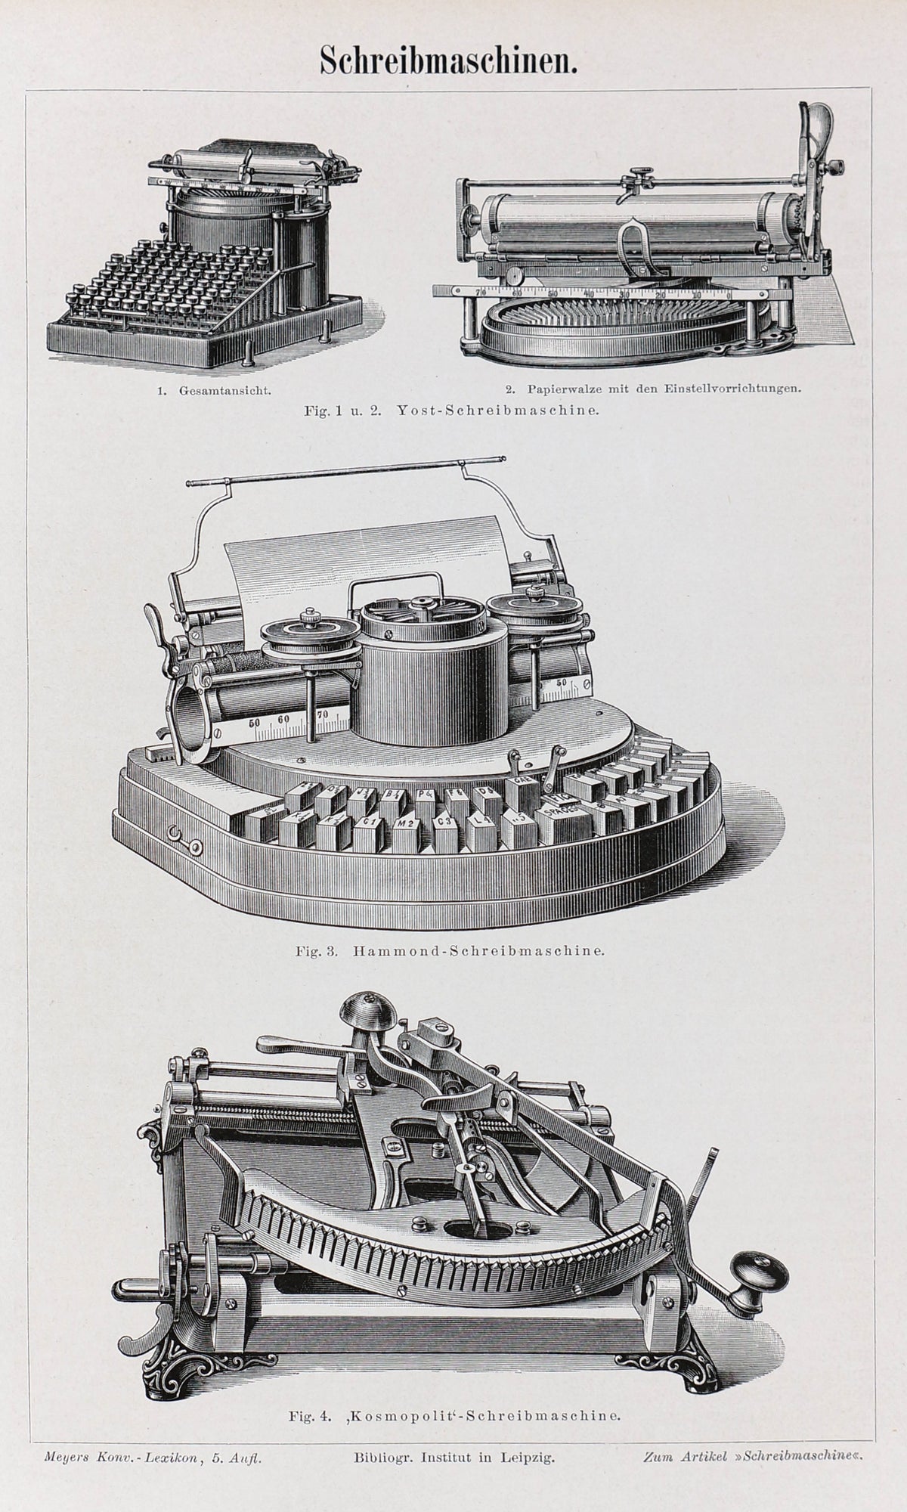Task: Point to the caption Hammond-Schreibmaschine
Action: point(478,950)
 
